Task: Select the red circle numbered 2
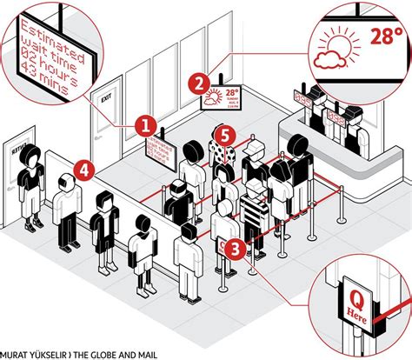click(200, 84)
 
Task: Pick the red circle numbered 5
click(224, 135)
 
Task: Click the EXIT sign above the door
click(105, 98)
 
